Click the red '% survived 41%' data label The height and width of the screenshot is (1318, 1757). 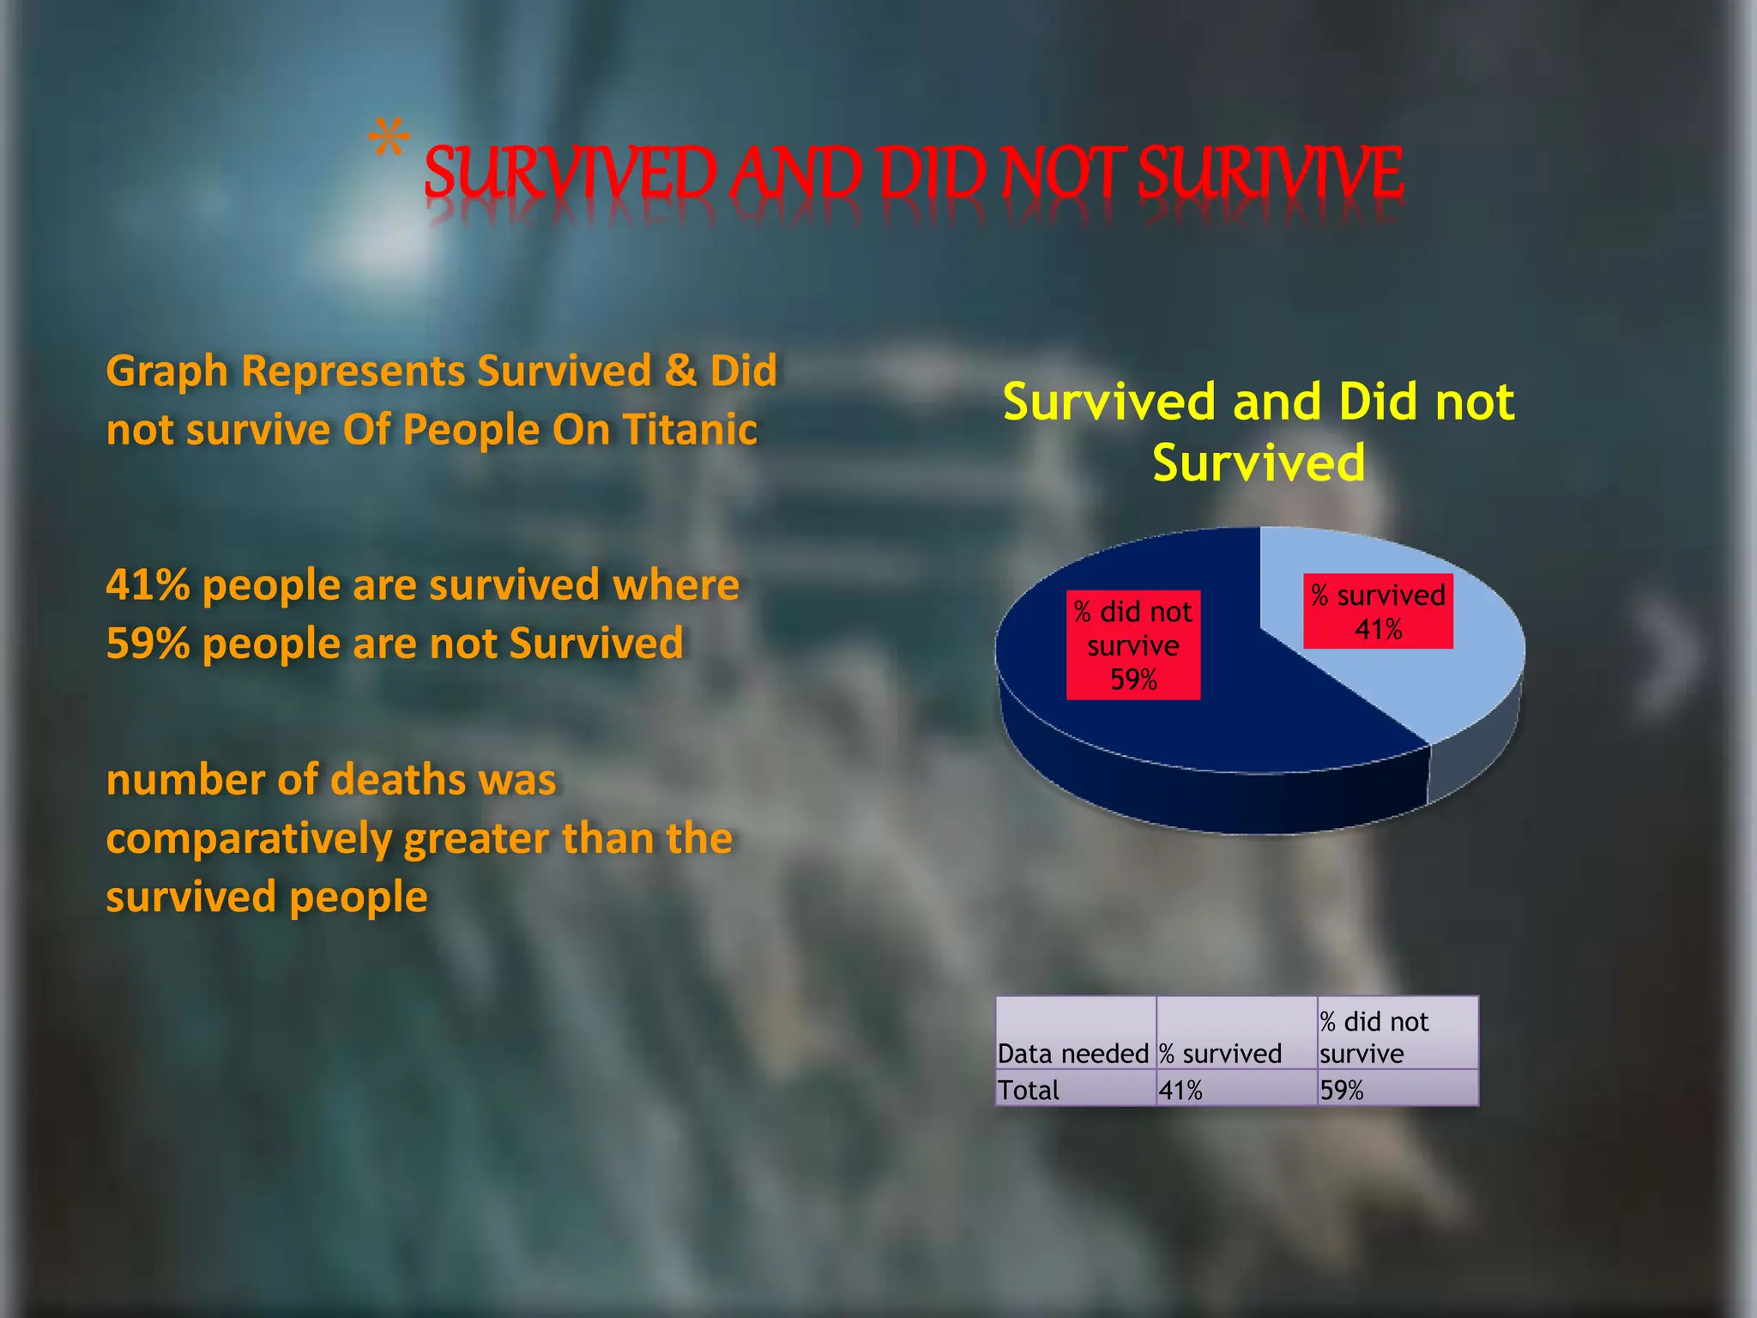[1378, 611]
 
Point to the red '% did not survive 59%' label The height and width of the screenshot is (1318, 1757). [1132, 645]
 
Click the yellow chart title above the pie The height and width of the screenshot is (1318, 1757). [1259, 432]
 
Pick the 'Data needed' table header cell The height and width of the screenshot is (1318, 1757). [1073, 1052]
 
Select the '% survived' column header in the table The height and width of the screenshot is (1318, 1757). [1220, 1052]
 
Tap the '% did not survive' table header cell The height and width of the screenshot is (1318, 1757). [1374, 1037]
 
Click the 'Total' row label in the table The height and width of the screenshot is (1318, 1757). [1029, 1090]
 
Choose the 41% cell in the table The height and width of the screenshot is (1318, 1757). [1180, 1090]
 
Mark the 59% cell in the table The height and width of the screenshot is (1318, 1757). [1342, 1090]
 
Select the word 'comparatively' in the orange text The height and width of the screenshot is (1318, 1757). [248, 838]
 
